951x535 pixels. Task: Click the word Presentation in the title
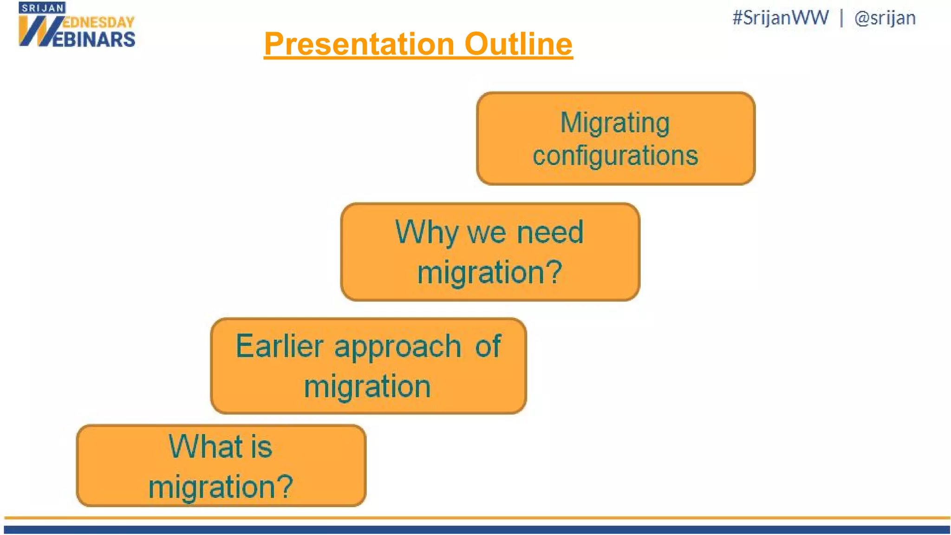(x=359, y=44)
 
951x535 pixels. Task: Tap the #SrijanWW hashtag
(x=780, y=18)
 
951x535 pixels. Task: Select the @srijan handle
(x=885, y=18)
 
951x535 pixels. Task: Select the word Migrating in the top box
(x=615, y=123)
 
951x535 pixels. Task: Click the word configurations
(x=615, y=156)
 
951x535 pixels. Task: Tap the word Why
(x=426, y=232)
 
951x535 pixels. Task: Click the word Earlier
(x=279, y=346)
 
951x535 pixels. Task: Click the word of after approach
(x=488, y=346)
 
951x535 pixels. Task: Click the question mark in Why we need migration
(x=553, y=272)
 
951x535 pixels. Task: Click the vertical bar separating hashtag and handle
(x=841, y=18)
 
